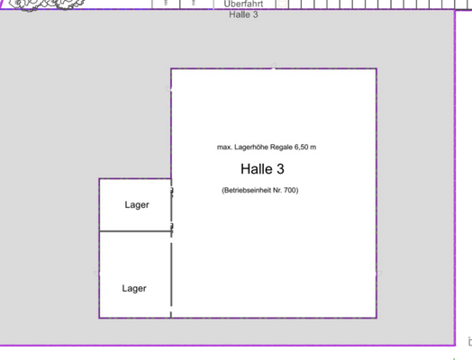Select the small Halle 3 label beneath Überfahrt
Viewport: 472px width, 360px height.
tap(243, 15)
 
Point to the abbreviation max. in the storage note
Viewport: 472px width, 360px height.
tap(225, 146)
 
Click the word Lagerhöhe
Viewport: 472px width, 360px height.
tap(255, 146)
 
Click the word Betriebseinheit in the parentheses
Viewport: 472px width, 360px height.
tap(251, 190)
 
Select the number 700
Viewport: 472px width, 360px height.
tap(290, 190)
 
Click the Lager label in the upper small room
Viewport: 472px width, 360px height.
tap(136, 204)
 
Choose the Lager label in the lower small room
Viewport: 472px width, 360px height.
tap(134, 288)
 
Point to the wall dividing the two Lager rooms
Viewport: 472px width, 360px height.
tap(134, 231)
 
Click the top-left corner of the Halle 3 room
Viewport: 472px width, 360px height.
tap(171, 68)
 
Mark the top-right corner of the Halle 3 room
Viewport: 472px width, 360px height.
tap(377, 68)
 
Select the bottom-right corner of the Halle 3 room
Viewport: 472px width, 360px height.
tap(377, 318)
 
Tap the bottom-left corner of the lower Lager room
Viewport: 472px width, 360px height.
tap(99, 318)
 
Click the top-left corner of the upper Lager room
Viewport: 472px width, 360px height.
tap(99, 179)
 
